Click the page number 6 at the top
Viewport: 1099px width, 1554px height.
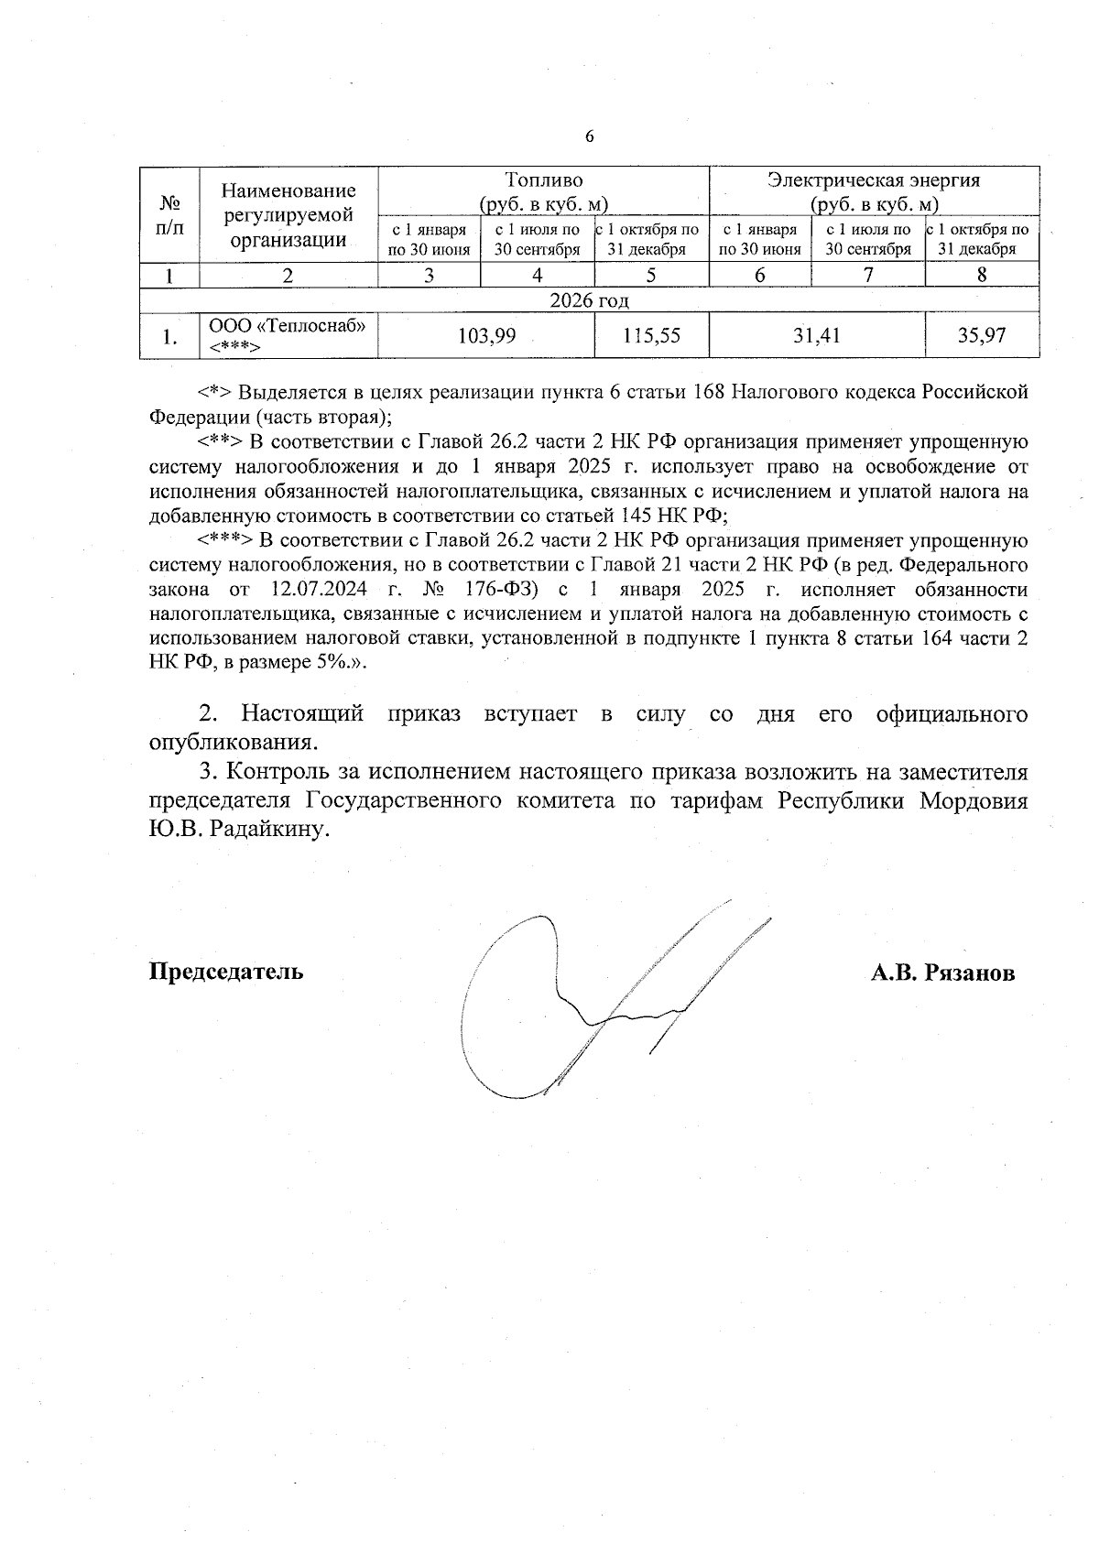click(x=589, y=136)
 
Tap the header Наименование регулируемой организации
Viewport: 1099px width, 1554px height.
click(x=288, y=215)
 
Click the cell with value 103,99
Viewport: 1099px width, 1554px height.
click(x=486, y=336)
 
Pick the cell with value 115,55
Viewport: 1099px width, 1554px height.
click(x=651, y=336)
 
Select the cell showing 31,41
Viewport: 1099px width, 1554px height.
click(x=817, y=336)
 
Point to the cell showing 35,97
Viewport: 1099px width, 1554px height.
click(x=982, y=336)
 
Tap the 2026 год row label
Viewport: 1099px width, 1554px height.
click(x=589, y=300)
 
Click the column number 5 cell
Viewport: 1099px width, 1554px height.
click(x=651, y=275)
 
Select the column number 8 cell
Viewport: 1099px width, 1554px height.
click(x=982, y=275)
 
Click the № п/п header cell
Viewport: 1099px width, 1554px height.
click(x=169, y=215)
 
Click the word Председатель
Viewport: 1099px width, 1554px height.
click(x=226, y=971)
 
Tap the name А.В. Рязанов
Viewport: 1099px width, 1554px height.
click(x=942, y=973)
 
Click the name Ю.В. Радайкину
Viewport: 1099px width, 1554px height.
click(x=237, y=830)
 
